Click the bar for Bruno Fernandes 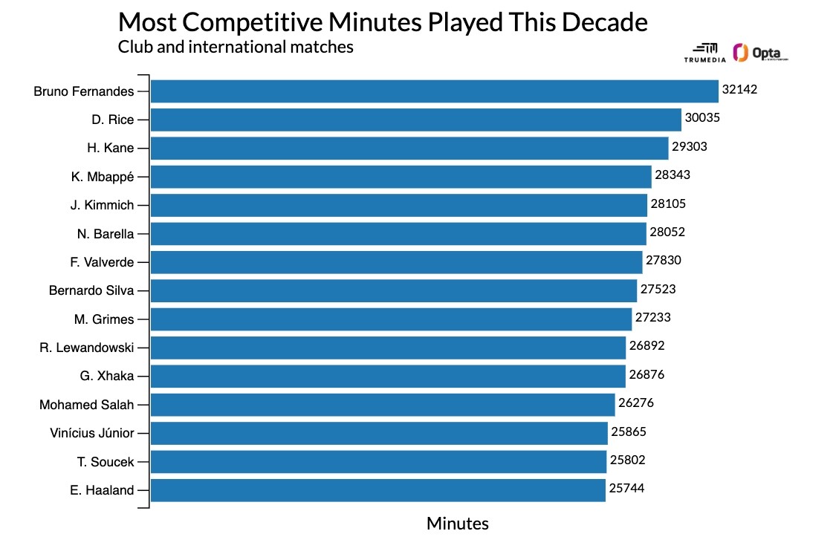pos(435,91)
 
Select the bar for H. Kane pos(409,148)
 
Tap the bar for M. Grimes pos(391,319)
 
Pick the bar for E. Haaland pos(378,490)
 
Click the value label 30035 pos(702,118)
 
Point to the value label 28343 pos(673,175)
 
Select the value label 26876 pos(647,375)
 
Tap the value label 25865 pos(629,431)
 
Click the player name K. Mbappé pos(103,177)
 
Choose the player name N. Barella pos(106,234)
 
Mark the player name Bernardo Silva pos(91,290)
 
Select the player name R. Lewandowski pos(87,348)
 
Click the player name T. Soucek pos(106,462)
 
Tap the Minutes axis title pos(458,524)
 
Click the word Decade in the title pos(604,22)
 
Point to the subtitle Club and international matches pos(236,47)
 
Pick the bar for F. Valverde pos(396,262)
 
